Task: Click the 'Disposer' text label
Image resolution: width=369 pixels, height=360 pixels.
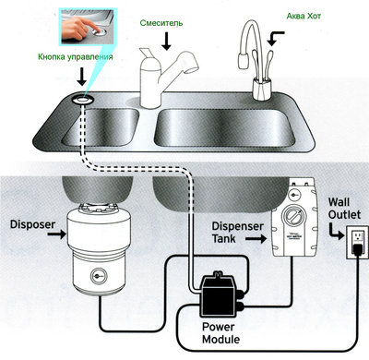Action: (30, 222)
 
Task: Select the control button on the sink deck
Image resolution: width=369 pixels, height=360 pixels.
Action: (81, 96)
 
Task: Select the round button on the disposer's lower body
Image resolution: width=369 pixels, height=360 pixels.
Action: (98, 274)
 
